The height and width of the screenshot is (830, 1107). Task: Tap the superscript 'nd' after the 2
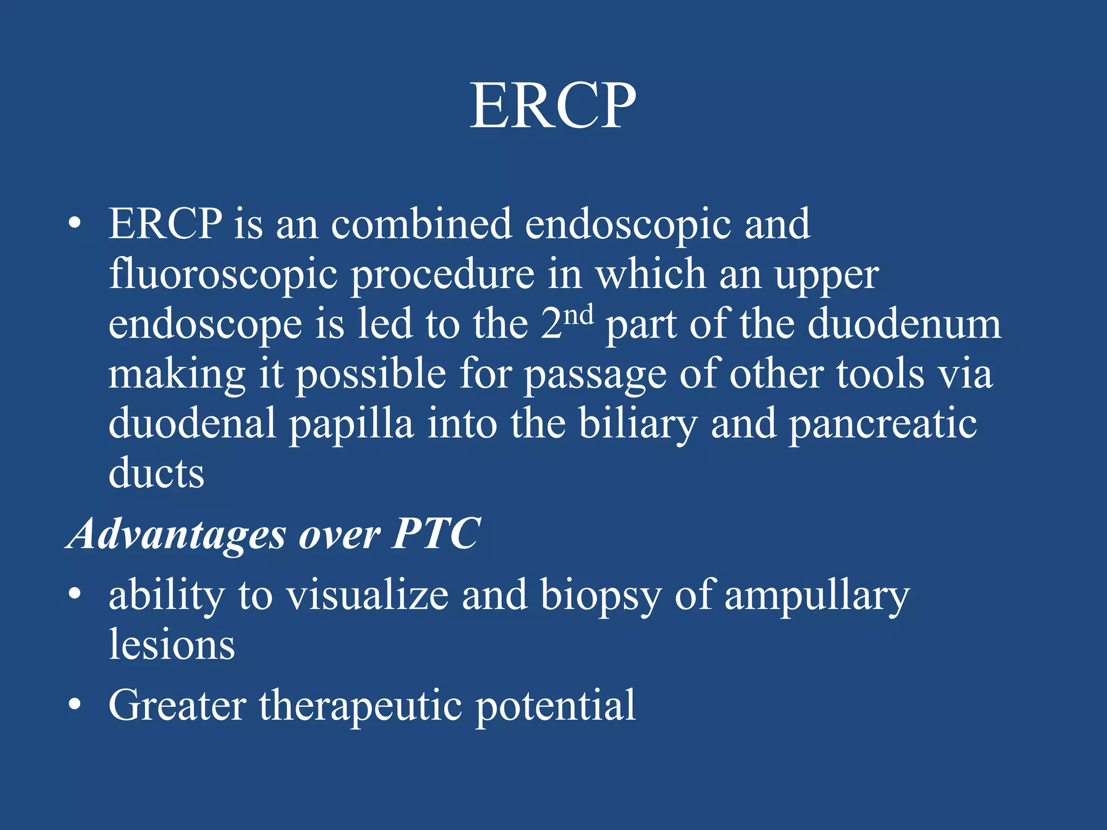577,314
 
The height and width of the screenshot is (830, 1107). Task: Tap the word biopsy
601,597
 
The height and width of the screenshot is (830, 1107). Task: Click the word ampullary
817,597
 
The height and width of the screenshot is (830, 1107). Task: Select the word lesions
172,645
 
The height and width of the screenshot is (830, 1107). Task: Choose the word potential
555,706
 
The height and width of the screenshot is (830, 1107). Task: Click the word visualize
368,595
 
